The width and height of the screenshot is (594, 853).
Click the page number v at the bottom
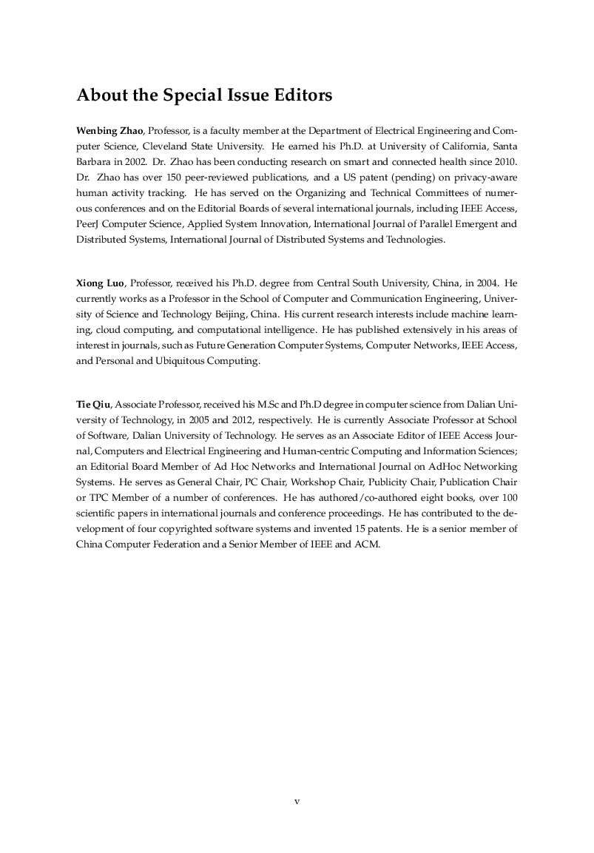pos(297,801)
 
